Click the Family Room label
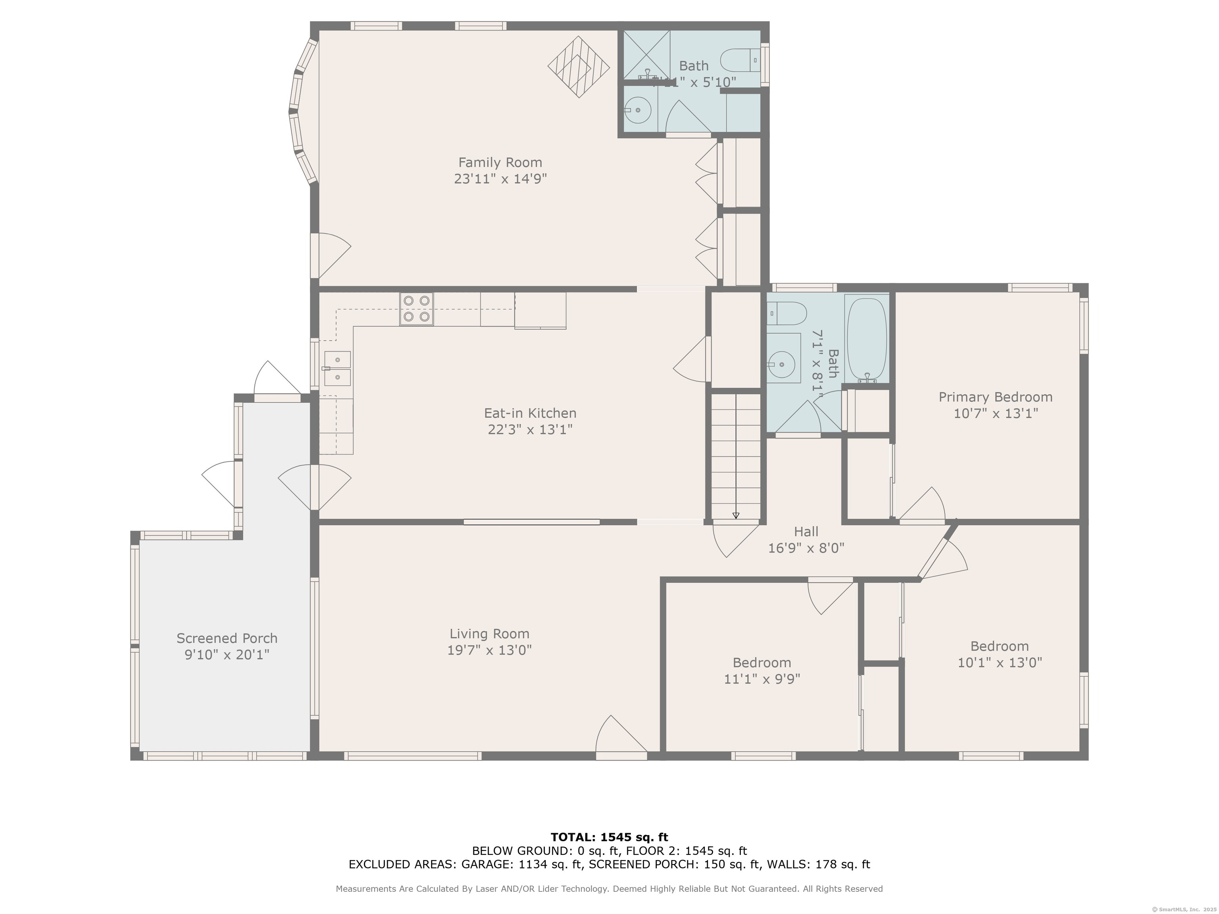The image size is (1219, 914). [500, 163]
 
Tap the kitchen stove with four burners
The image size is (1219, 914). [416, 309]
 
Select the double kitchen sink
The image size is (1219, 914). [337, 369]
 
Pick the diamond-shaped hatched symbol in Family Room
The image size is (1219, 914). [578, 67]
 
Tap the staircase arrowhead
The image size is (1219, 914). [736, 516]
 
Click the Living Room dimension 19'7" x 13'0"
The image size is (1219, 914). [489, 650]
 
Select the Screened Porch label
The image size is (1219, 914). [227, 638]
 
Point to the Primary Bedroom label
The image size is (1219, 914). [995, 397]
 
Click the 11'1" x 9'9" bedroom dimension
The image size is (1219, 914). [761, 679]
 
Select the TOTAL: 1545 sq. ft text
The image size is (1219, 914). [609, 837]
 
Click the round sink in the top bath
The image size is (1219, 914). [638, 110]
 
